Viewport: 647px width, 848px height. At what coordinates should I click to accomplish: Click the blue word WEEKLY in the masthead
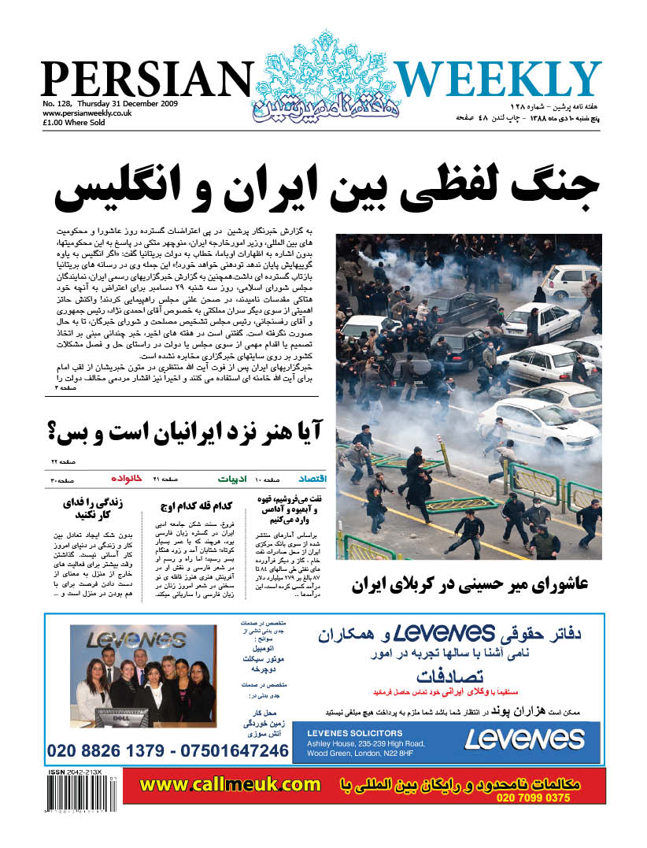click(497, 80)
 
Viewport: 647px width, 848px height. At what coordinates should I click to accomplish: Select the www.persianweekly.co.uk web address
click(87, 113)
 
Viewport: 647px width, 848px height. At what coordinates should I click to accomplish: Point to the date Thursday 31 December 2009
click(129, 104)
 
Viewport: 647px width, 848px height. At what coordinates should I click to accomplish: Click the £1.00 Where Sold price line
click(75, 123)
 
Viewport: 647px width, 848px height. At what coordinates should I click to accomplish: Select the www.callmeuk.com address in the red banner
click(230, 784)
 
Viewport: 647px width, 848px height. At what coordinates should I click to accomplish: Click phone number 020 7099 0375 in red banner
click(533, 798)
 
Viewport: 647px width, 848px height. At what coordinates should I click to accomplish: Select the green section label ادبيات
click(234, 479)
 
